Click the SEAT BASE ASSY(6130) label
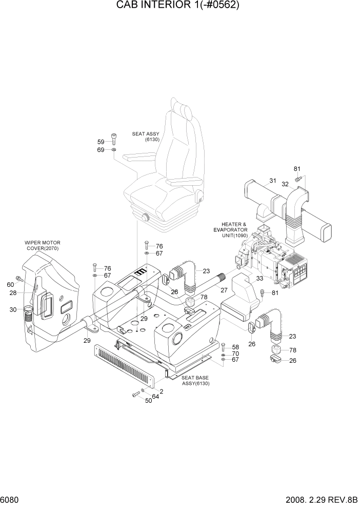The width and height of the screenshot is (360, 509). point(195,380)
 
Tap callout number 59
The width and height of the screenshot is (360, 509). point(101,142)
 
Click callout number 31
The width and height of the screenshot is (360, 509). point(272,180)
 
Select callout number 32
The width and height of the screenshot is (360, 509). point(285,184)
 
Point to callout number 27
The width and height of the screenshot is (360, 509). point(224,290)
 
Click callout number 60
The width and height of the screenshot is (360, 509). point(10,285)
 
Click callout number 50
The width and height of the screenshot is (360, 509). point(148,400)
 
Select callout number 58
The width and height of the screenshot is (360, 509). point(235,347)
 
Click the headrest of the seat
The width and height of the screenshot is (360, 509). point(181,109)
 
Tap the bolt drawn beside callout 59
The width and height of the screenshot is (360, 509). point(114,139)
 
